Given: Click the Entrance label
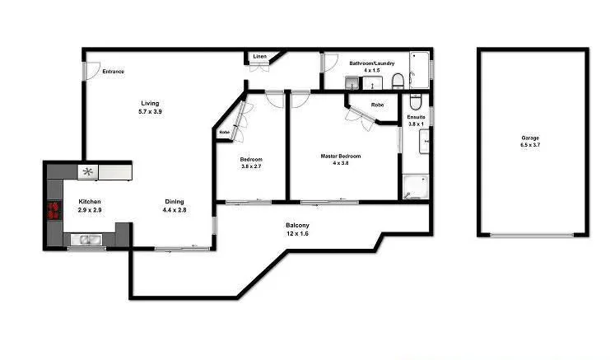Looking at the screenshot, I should tap(113, 72).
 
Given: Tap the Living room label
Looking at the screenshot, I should tap(150, 106).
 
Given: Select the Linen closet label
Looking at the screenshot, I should tap(259, 57).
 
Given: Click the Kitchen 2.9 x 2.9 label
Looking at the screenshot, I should tap(89, 206).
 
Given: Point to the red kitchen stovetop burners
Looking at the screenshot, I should tap(54, 210).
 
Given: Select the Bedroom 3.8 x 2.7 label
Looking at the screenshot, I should tap(251, 163).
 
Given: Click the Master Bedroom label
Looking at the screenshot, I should tap(340, 160).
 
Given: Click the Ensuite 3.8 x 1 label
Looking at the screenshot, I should tap(417, 121).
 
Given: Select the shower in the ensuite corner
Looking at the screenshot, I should tap(414, 186).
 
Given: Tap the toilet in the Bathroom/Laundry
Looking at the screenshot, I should tap(397, 81).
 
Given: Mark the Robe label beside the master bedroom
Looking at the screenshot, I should tap(377, 105).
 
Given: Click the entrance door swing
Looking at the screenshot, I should tap(90, 69).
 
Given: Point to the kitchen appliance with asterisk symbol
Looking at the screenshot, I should tap(88, 171).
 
